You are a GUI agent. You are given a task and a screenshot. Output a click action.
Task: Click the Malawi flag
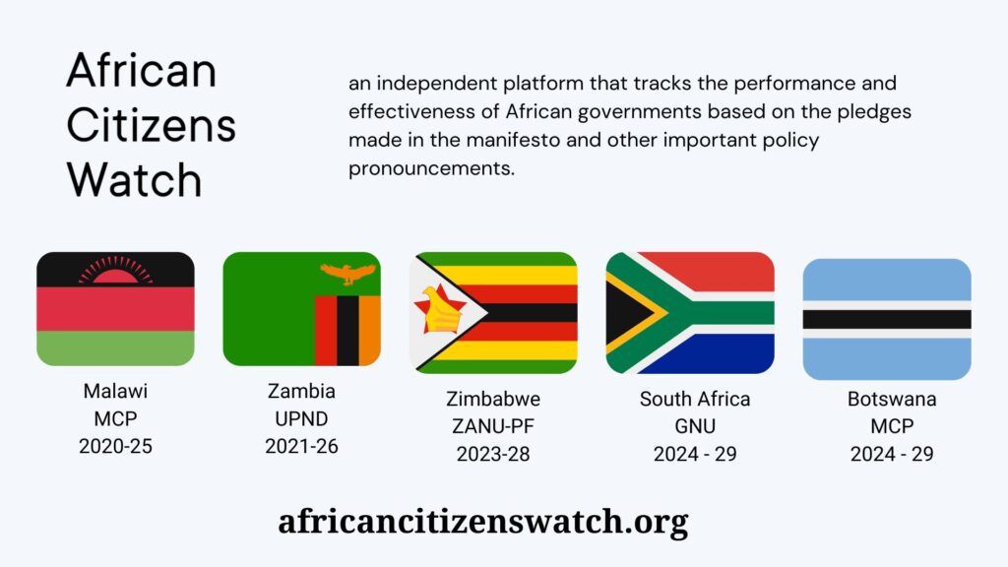tap(116, 309)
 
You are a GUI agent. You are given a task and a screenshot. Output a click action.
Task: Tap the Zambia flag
tap(301, 309)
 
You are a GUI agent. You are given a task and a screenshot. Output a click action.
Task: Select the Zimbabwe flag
tap(493, 313)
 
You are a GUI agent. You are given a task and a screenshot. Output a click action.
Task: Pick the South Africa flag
tap(690, 313)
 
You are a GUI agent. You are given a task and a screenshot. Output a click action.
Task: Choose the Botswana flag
tap(887, 320)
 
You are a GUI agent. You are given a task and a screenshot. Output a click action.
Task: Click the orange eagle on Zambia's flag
tap(347, 274)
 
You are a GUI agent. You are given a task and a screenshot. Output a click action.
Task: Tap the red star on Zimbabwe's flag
tap(440, 309)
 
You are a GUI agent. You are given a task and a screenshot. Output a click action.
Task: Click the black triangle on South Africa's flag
tap(627, 314)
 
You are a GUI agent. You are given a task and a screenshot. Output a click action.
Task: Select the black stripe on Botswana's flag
tap(887, 320)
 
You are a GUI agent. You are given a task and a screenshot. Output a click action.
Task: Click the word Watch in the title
tap(134, 179)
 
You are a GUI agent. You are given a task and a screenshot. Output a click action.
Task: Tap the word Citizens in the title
tap(152, 125)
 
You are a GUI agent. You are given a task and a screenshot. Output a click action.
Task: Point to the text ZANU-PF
tap(493, 426)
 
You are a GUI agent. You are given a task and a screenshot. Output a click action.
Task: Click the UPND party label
tap(301, 419)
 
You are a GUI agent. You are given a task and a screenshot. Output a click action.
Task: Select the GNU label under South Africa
tap(695, 426)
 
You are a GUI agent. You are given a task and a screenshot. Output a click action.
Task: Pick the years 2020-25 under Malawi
tap(116, 446)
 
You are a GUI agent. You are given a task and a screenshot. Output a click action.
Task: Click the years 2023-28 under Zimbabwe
tap(493, 454)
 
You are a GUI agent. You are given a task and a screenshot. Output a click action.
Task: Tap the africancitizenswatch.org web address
tap(483, 522)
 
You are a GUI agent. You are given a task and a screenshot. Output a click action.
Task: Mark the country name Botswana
tap(892, 399)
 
